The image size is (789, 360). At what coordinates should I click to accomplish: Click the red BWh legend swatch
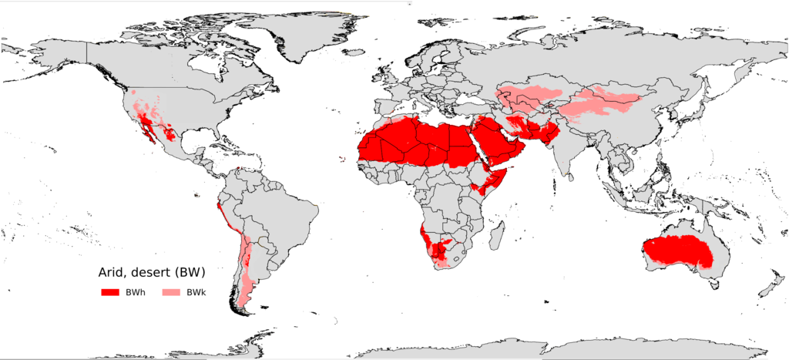pos(111,292)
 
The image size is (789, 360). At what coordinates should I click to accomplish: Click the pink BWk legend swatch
pos(173,292)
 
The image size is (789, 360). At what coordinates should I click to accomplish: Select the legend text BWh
pos(136,292)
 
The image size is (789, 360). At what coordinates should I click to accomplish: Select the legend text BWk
pos(196,292)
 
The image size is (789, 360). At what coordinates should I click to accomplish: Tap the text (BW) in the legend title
pos(190,272)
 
